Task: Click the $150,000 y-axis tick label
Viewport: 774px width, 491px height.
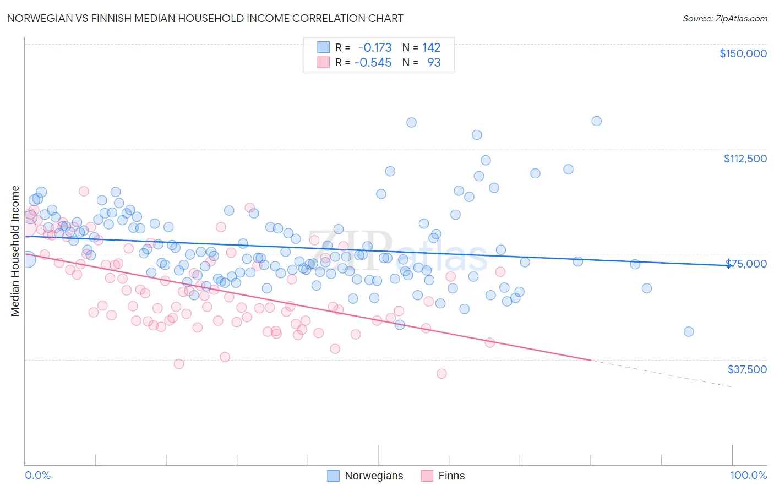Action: pos(743,53)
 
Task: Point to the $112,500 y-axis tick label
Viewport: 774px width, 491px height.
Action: pos(745,159)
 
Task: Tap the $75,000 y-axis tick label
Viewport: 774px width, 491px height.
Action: pos(746,264)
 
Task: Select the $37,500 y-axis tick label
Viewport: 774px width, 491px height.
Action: pos(747,369)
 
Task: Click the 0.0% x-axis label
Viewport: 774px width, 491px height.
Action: pos(37,476)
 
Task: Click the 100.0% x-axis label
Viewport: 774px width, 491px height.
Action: pos(748,476)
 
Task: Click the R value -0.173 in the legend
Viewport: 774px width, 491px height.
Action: pos(375,48)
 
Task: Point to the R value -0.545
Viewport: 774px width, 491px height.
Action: pos(373,63)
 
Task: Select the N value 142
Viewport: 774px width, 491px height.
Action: pos(431,48)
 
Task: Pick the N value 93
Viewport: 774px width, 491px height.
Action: pos(434,63)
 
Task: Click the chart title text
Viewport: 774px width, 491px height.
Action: pos(205,18)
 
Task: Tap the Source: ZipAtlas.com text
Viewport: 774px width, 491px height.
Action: pos(724,19)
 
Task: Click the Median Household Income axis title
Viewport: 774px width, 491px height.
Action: pos(15,251)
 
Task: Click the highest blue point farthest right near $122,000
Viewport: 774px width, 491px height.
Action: pos(596,121)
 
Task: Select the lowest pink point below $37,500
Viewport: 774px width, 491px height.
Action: pos(441,374)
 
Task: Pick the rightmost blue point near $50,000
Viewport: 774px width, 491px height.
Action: pos(688,331)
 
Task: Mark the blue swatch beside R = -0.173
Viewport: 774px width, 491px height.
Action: pos(323,48)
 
